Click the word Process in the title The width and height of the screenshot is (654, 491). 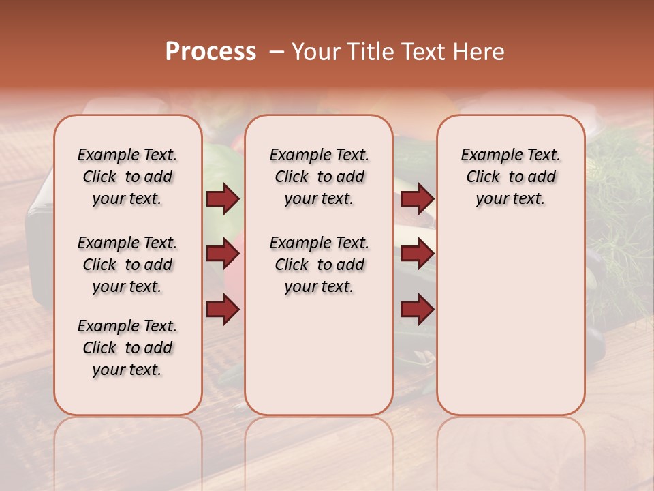click(x=211, y=52)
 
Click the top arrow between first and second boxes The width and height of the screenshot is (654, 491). click(x=223, y=199)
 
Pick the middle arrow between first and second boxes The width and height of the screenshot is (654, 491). click(x=223, y=254)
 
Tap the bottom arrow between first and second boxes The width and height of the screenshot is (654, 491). click(x=223, y=310)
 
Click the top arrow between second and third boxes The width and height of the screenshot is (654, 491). click(x=417, y=199)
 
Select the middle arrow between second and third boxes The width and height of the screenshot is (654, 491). click(x=417, y=254)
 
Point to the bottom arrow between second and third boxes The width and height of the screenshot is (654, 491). click(x=417, y=310)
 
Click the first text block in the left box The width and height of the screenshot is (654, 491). click(x=127, y=177)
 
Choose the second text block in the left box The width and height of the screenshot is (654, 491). click(x=127, y=265)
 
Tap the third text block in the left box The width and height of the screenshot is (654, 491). click(x=127, y=348)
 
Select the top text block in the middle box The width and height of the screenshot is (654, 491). click(x=319, y=177)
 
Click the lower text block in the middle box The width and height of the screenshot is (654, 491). click(x=319, y=265)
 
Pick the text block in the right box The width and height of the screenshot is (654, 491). click(x=510, y=177)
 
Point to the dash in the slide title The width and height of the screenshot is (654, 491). click(x=277, y=52)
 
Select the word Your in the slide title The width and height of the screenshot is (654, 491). click(x=315, y=52)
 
